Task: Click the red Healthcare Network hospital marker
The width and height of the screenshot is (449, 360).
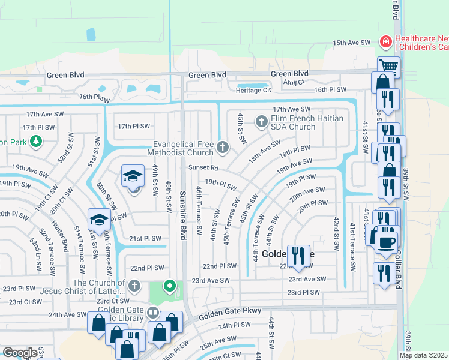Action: coord(385,42)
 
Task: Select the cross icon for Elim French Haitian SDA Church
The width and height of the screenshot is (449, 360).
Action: coord(261,122)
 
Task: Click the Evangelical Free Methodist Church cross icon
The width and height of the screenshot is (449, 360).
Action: coord(222,147)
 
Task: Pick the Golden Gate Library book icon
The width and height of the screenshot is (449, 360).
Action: coord(153,313)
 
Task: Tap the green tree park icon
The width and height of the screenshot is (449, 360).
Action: coord(37,141)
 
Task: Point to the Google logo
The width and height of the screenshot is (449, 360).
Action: coord(20,352)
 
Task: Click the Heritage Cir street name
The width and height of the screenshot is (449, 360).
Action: coord(253,90)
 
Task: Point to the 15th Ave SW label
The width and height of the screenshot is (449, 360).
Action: coord(353,43)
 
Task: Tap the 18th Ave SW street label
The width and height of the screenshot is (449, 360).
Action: coord(265,151)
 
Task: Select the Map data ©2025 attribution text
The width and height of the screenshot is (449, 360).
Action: coord(423,355)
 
